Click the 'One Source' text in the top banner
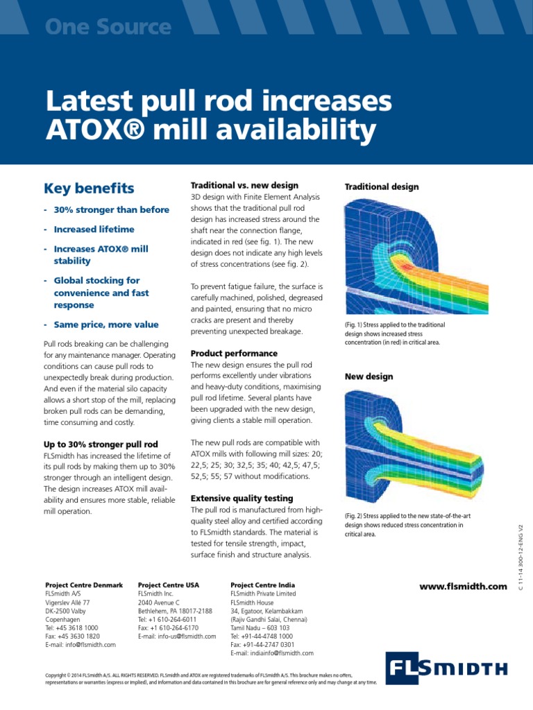pyautogui.click(x=108, y=27)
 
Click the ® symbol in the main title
pyautogui.click(x=164, y=130)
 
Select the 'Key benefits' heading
pyautogui.click(x=89, y=188)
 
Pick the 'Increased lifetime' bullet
pyautogui.click(x=94, y=229)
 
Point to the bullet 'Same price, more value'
pyautogui.click(x=106, y=324)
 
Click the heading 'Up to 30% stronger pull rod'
pyautogui.click(x=101, y=443)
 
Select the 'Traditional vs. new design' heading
pyautogui.click(x=244, y=185)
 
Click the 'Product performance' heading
pyautogui.click(x=234, y=353)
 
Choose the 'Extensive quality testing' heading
pyautogui.click(x=242, y=498)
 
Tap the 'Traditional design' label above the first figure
pyautogui.click(x=382, y=187)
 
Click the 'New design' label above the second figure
pyautogui.click(x=369, y=376)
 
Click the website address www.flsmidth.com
pyautogui.click(x=464, y=587)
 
